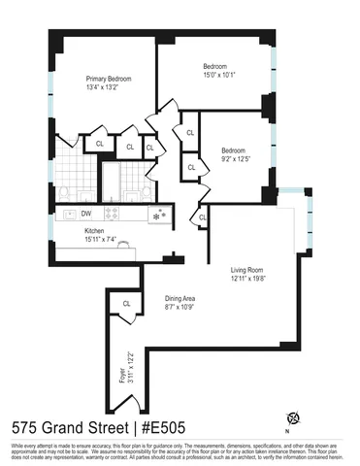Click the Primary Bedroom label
tap(108, 79)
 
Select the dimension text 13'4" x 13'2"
tap(108, 88)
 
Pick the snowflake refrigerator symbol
tap(161, 214)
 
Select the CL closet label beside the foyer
tap(126, 304)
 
